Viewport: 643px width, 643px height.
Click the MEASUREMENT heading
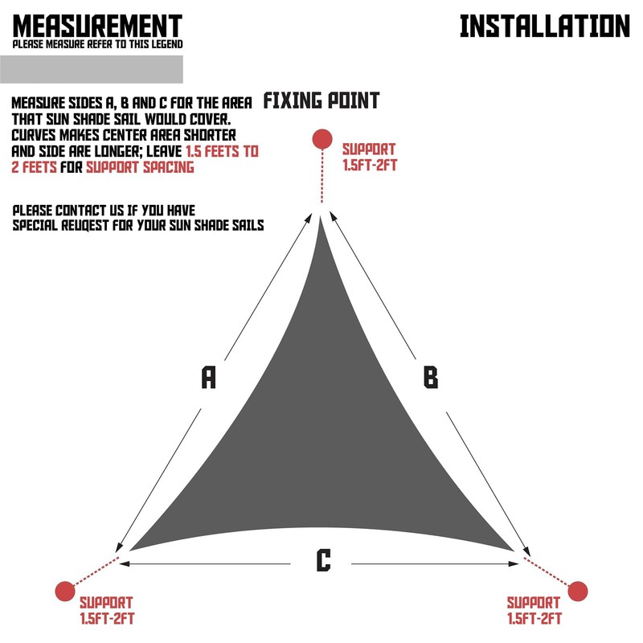[97, 26]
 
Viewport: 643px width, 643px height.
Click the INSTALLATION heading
[544, 26]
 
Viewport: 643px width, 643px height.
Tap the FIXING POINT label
[321, 101]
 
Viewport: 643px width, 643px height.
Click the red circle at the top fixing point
[322, 138]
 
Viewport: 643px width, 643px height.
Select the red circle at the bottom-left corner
[64, 591]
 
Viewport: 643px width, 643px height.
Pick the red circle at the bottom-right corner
[578, 592]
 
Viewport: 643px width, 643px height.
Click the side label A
[209, 377]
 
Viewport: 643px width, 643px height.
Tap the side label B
[431, 377]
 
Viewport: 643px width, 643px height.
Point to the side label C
[323, 560]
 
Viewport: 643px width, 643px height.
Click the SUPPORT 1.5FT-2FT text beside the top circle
[369, 158]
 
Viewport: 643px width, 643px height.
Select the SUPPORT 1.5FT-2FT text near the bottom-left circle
[106, 610]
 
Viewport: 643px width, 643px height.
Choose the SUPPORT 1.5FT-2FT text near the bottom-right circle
[534, 610]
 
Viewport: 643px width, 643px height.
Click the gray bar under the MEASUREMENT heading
[97, 68]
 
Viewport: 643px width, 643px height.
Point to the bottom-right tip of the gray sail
[512, 549]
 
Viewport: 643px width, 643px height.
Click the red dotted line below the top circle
[321, 177]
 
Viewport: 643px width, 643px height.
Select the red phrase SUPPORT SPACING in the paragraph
[140, 168]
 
